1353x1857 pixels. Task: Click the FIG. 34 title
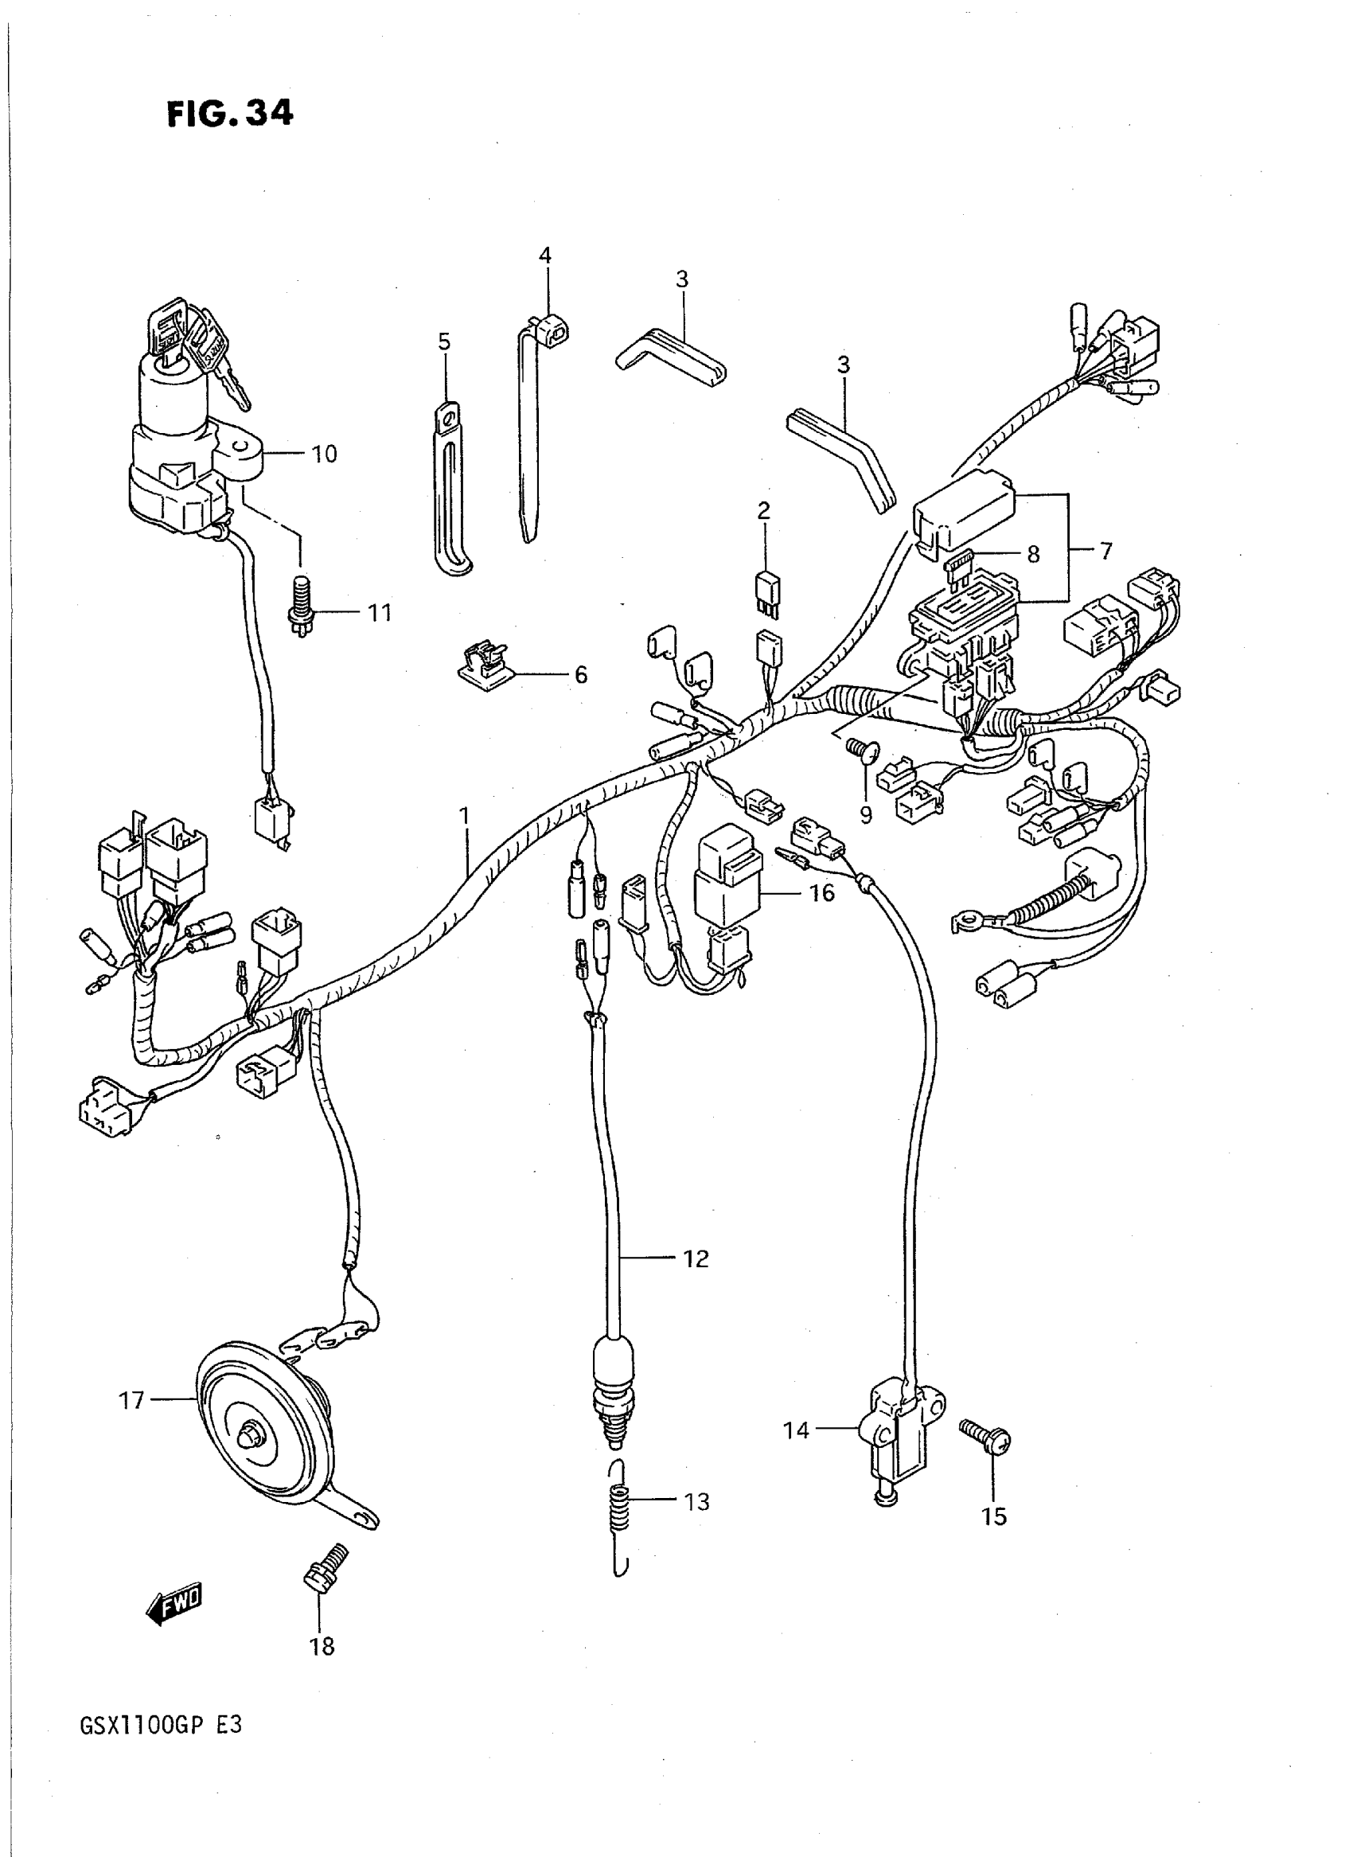click(x=230, y=114)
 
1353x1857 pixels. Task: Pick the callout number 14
click(x=796, y=1430)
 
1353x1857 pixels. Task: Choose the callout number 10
click(x=325, y=454)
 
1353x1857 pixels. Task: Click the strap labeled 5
click(x=447, y=491)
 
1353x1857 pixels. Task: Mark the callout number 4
click(x=544, y=256)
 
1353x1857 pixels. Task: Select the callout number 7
click(x=1105, y=552)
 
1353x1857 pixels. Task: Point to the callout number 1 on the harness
click(x=464, y=816)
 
